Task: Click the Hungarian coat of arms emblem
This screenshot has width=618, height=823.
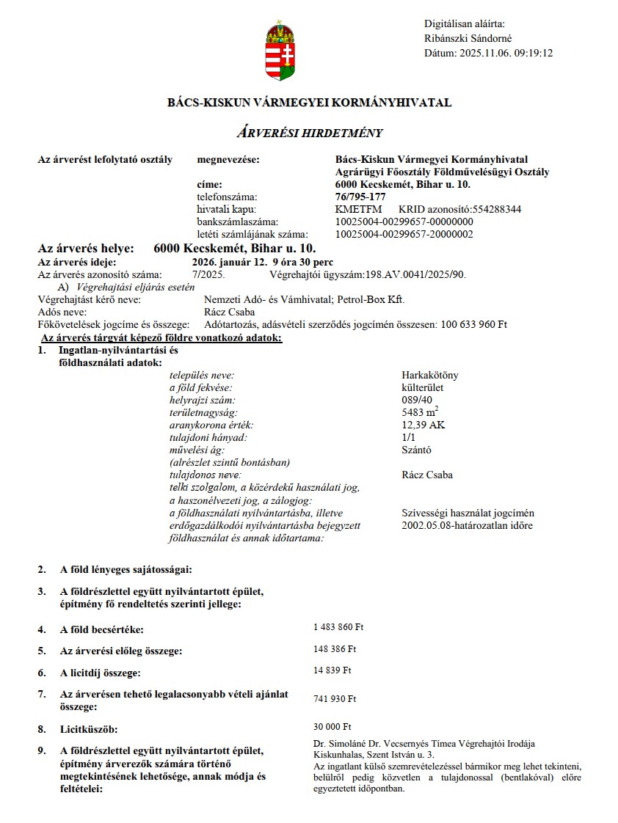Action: (280, 51)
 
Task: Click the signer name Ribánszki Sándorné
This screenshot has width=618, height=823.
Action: (468, 39)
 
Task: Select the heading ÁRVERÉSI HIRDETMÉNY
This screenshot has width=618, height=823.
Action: (309, 133)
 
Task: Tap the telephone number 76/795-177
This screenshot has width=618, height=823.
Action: (360, 197)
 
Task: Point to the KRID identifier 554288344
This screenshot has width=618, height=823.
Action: (498, 209)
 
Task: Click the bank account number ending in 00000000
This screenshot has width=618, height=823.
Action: (404, 222)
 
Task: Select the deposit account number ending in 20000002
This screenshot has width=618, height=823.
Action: (404, 234)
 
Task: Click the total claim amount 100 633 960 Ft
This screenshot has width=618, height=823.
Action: (473, 324)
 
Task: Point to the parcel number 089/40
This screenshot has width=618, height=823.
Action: (416, 400)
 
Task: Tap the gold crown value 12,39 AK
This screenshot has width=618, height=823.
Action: (423, 425)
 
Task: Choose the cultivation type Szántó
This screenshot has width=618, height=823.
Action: (416, 450)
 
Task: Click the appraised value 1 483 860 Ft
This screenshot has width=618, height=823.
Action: (338, 627)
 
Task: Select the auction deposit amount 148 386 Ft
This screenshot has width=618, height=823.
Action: (335, 649)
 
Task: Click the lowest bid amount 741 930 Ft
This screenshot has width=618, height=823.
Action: (335, 699)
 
